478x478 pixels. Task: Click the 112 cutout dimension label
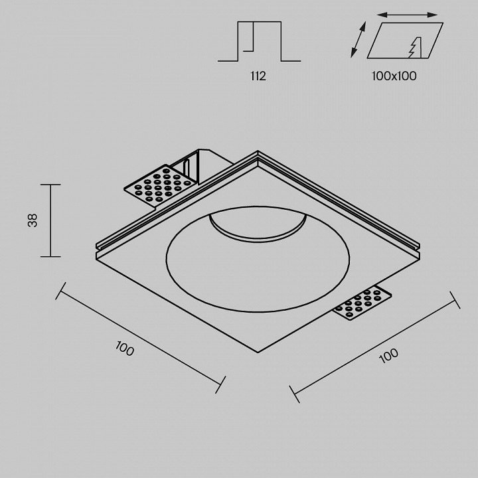(258, 76)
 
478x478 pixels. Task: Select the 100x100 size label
(394, 76)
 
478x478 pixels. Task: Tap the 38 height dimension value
(33, 220)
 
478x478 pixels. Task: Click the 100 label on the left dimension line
(125, 348)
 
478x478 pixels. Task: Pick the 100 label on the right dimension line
(388, 355)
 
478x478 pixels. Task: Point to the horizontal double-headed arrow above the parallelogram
(407, 15)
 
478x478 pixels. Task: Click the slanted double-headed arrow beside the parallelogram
(358, 40)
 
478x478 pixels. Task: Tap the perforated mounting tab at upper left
(159, 186)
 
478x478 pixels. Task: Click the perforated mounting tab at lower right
(362, 303)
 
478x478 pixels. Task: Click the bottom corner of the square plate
(258, 353)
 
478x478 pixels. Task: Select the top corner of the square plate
(258, 151)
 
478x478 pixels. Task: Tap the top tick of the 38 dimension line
(50, 185)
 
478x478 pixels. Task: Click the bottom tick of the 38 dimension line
(50, 257)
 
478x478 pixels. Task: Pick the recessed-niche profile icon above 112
(259, 41)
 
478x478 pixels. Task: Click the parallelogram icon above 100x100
(405, 40)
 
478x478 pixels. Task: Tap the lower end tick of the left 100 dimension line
(220, 384)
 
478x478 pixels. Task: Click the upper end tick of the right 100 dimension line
(455, 300)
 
